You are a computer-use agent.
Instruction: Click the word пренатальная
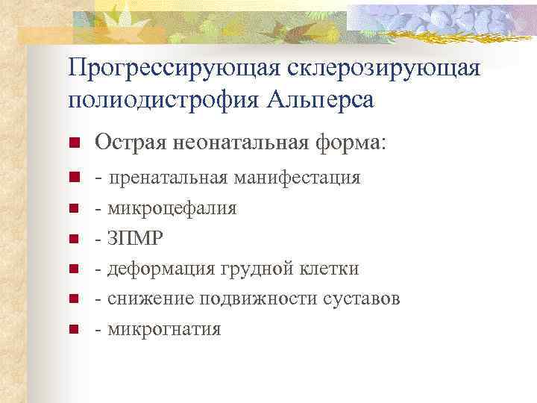click(x=169, y=178)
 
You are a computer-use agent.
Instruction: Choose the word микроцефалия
click(x=172, y=208)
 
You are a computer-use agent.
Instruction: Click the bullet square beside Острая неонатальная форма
click(x=73, y=143)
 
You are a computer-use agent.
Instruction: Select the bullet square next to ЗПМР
click(x=73, y=240)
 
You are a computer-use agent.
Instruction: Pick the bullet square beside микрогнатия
click(x=73, y=329)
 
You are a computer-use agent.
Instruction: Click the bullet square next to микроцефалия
click(x=73, y=209)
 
